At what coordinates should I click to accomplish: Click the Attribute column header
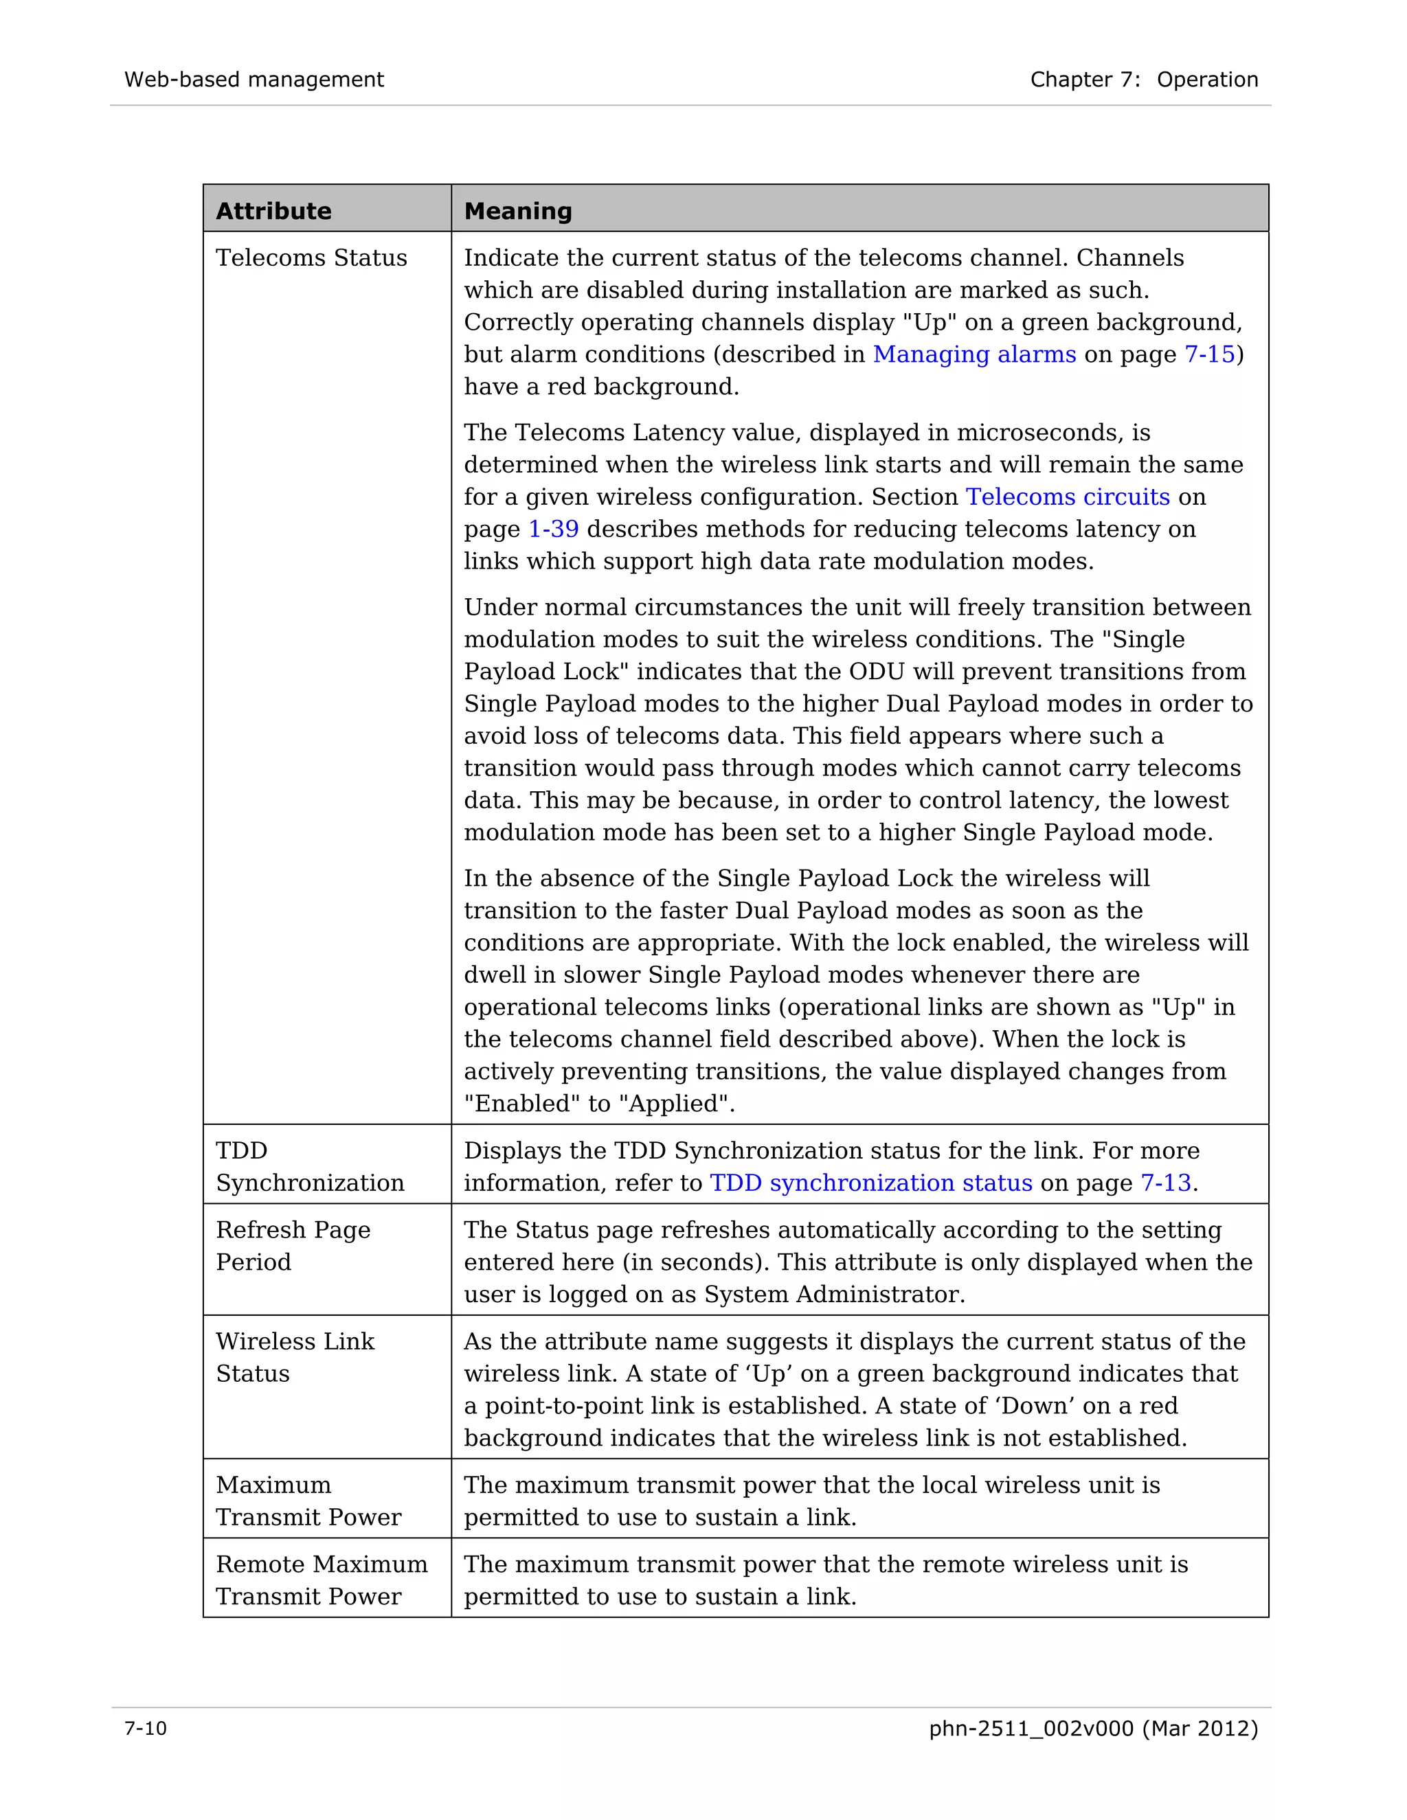pos(273,211)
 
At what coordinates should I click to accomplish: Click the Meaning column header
pos(517,211)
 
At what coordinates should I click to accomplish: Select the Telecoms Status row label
pos(311,258)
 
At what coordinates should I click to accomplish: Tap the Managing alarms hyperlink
pos(973,354)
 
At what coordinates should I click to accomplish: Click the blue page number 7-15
pos(1208,354)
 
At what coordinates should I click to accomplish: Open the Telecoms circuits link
pos(1067,497)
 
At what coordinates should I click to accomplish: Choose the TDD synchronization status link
pos(870,1183)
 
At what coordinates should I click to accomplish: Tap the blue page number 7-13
pos(1164,1183)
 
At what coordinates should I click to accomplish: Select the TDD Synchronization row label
pos(309,1166)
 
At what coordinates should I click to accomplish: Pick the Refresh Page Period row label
pos(293,1245)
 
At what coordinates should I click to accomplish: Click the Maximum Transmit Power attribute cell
pos(308,1500)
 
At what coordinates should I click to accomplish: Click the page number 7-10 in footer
pos(146,1729)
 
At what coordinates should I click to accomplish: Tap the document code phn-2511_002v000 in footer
pos(1031,1729)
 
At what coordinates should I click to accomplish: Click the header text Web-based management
pos(254,79)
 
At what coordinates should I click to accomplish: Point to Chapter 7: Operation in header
pos(1144,79)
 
